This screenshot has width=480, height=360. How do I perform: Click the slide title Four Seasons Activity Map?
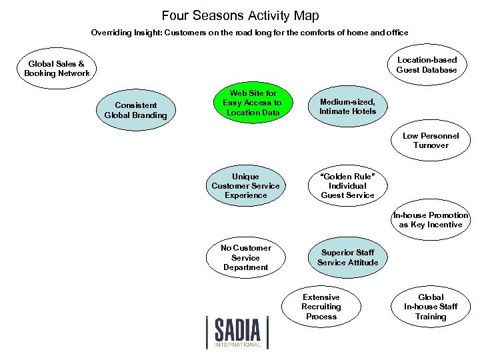pos(240,15)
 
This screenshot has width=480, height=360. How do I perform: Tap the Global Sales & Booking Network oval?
pos(57,69)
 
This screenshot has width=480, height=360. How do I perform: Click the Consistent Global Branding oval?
pos(136,110)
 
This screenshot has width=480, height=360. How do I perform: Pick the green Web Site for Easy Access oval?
pos(252,103)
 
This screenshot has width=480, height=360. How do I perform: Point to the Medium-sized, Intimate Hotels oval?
pos(347,107)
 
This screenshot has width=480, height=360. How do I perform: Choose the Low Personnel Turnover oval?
pos(431,141)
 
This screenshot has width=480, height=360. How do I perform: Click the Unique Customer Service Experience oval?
pos(245,186)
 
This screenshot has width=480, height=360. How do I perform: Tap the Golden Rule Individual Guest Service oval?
pos(347,186)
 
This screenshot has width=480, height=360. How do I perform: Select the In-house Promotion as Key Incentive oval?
pos(431,220)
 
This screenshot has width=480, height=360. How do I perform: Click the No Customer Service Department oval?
pos(245,257)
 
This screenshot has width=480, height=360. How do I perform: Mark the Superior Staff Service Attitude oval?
pos(347,257)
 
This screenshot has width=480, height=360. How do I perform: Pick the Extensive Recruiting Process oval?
pos(321,307)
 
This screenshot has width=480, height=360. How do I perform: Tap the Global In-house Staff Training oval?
pos(431,307)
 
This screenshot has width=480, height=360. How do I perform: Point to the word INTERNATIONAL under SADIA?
pos(238,345)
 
